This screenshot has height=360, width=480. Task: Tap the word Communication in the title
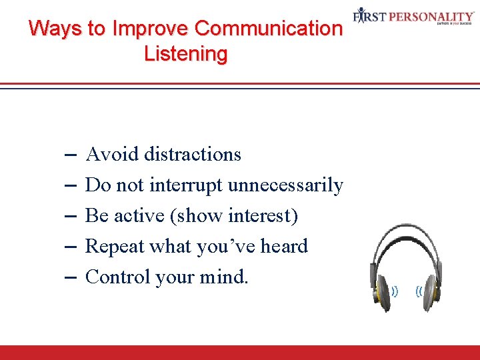[268, 29]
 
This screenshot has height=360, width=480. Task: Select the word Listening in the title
[185, 53]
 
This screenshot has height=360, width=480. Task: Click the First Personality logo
[413, 16]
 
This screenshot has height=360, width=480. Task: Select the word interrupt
[187, 185]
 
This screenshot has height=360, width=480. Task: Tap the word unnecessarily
[285, 185]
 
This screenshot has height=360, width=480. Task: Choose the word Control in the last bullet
[117, 277]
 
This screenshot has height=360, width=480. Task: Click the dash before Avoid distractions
[71, 154]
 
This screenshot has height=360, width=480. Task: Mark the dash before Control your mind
[71, 277]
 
